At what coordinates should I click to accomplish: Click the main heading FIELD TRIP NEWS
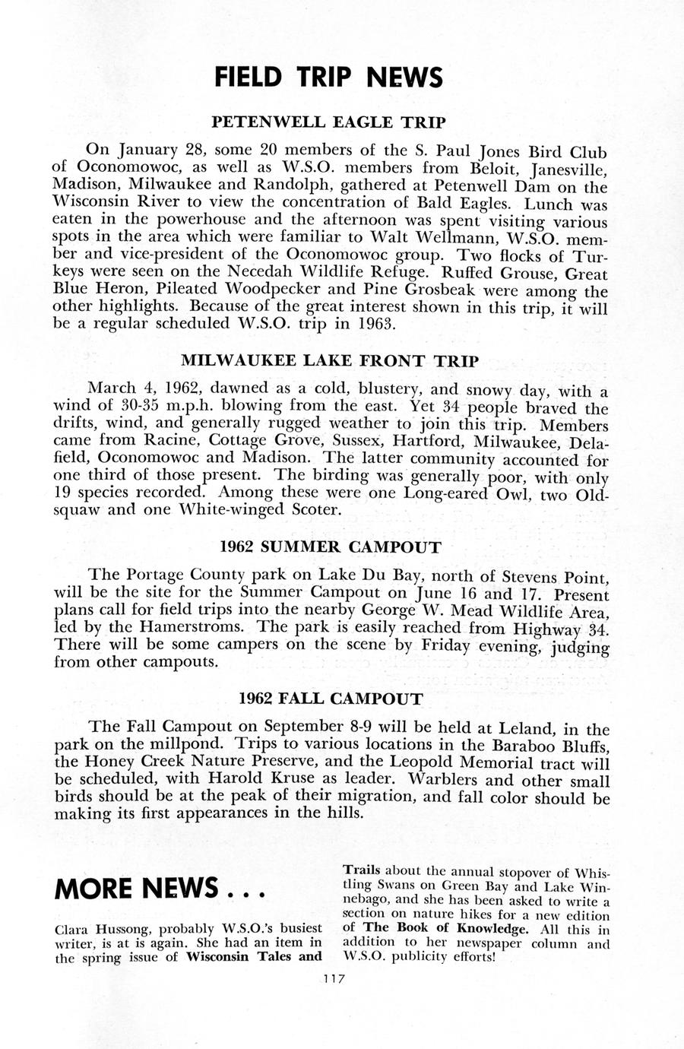[328, 77]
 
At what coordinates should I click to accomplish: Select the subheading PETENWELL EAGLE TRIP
[328, 122]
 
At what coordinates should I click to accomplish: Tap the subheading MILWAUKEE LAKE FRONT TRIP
[330, 360]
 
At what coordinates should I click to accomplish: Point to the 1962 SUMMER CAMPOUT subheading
[330, 547]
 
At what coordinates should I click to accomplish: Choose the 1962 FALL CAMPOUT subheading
[330, 698]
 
